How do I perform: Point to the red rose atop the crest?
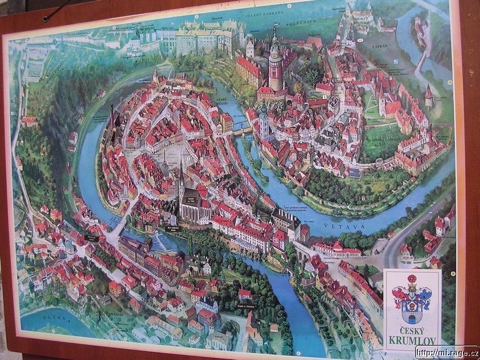click(412, 279)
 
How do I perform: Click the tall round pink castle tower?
click(275, 66)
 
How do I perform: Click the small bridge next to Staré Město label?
click(241, 130)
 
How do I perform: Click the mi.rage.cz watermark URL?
click(446, 352)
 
